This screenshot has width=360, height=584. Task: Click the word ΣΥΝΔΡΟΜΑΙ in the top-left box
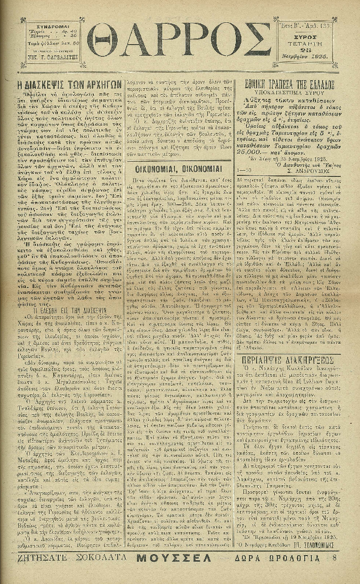[x=49, y=25]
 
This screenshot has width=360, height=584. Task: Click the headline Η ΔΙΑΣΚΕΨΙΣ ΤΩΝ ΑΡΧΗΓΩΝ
[x=69, y=85]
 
